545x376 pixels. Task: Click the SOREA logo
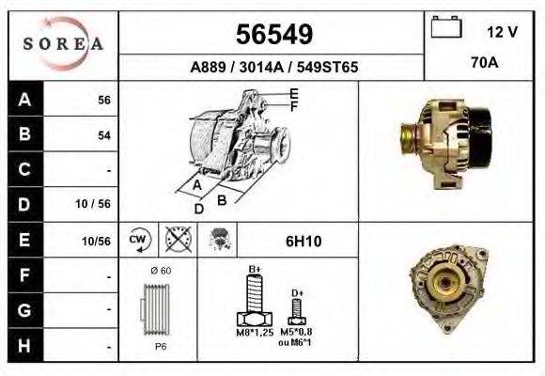pyautogui.click(x=63, y=45)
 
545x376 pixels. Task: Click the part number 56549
pyautogui.click(x=272, y=35)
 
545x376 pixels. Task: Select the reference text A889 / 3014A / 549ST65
pyautogui.click(x=272, y=68)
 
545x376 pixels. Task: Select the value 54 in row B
pyautogui.click(x=104, y=135)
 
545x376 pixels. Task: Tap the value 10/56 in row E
pyautogui.click(x=98, y=241)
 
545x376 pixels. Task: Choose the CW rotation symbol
pyautogui.click(x=139, y=241)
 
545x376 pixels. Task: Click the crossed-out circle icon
pyautogui.click(x=177, y=241)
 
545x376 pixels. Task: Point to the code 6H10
pyautogui.click(x=304, y=242)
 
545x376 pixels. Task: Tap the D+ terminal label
pyautogui.click(x=297, y=293)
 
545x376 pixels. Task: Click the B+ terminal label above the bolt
pyautogui.click(x=254, y=270)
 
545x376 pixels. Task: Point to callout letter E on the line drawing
pyautogui.click(x=294, y=93)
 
